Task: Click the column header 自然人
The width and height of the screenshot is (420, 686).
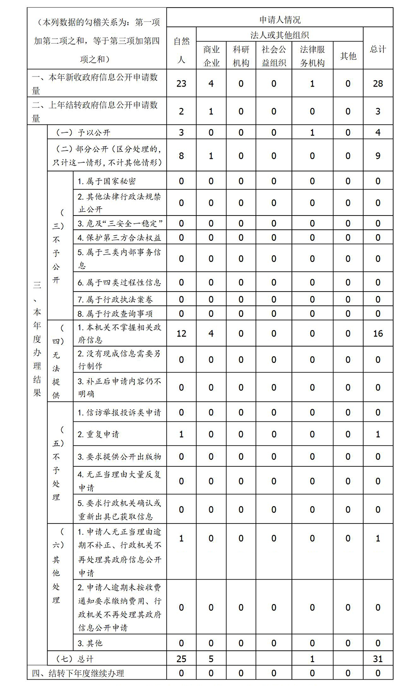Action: (181, 50)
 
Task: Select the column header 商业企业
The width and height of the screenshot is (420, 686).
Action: (211, 56)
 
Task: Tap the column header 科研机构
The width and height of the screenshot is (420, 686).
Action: (241, 56)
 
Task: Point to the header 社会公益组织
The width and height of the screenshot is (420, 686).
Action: (274, 56)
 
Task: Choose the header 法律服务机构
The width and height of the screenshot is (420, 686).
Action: (312, 56)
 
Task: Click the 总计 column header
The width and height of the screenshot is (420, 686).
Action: (378, 49)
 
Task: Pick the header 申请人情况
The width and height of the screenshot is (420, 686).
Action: (280, 19)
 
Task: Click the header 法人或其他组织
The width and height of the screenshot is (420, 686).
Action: (280, 35)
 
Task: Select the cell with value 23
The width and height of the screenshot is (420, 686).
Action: (181, 84)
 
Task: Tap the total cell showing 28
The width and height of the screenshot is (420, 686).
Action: (378, 84)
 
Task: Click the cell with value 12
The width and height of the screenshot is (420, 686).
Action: (181, 334)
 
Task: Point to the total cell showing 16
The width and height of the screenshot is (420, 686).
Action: (378, 334)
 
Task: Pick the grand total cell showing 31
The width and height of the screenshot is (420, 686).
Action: (378, 659)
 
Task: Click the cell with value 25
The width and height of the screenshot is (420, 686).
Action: (181, 659)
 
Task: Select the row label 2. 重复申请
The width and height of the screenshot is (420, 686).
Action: (98, 434)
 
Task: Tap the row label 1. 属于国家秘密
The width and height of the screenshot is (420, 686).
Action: (107, 181)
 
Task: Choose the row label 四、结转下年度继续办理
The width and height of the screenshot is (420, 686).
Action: (78, 673)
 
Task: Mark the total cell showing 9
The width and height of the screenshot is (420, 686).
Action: (378, 156)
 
